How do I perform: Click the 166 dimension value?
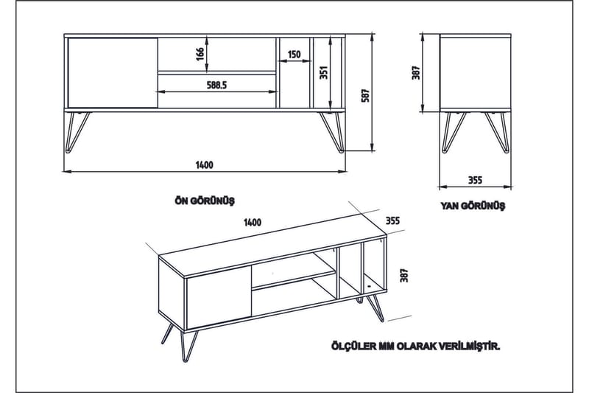[x=199, y=55]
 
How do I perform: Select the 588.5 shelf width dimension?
[x=216, y=86]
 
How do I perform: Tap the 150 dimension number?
[x=294, y=55]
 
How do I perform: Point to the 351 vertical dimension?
[x=322, y=73]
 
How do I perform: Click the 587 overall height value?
[x=364, y=94]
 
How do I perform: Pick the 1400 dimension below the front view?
[x=205, y=165]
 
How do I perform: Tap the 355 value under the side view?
[x=475, y=179]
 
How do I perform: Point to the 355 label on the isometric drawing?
[x=392, y=220]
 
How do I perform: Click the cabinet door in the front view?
[x=112, y=72]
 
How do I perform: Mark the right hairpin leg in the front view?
[x=331, y=131]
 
